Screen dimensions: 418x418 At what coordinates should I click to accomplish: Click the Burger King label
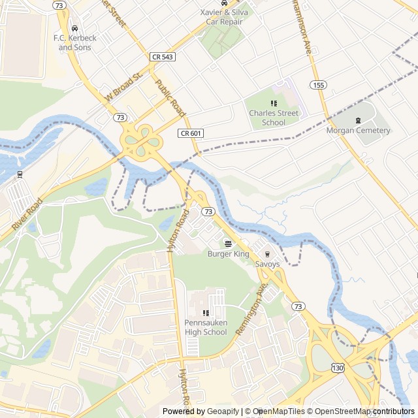pyautogui.click(x=229, y=253)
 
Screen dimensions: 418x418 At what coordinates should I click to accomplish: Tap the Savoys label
pyautogui.click(x=267, y=265)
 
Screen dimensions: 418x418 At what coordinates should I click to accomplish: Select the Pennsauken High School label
pyautogui.click(x=206, y=327)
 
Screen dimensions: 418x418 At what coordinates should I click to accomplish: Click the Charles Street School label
pyautogui.click(x=274, y=118)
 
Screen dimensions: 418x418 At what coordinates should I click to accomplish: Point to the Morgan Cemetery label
pyautogui.click(x=358, y=131)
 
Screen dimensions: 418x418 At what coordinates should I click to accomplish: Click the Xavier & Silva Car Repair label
pyautogui.click(x=224, y=17)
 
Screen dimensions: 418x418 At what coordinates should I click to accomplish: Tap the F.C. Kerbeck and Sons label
pyautogui.click(x=74, y=42)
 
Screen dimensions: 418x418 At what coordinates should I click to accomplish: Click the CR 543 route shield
pyautogui.click(x=163, y=57)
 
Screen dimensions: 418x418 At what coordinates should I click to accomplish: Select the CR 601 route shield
pyautogui.click(x=191, y=133)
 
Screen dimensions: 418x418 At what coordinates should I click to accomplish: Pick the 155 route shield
pyautogui.click(x=318, y=85)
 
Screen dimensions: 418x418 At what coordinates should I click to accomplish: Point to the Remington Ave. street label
pyautogui.click(x=252, y=309)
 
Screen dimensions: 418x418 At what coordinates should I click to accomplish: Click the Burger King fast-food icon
pyautogui.click(x=228, y=244)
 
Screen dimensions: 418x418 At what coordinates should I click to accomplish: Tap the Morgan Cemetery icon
pyautogui.click(x=358, y=120)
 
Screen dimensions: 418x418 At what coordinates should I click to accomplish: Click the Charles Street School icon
pyautogui.click(x=274, y=103)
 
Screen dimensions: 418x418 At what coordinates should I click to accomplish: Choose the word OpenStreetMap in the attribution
pyautogui.click(x=340, y=411)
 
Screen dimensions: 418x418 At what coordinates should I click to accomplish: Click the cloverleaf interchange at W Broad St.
pyautogui.click(x=139, y=138)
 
